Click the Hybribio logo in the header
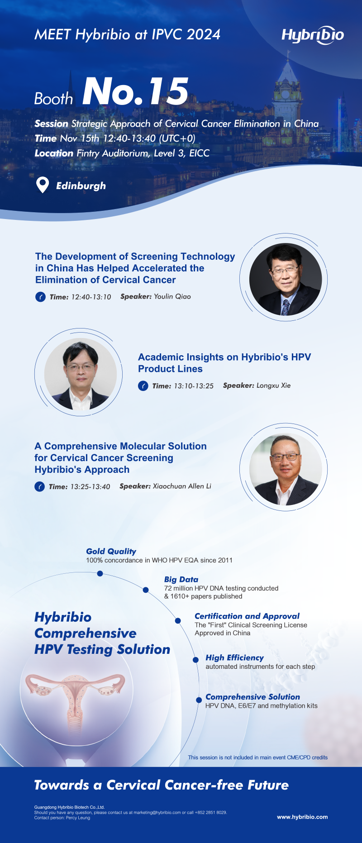(313, 35)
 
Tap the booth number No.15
(135, 91)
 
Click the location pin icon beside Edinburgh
(42, 185)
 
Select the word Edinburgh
(81, 186)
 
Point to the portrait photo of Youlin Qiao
(286, 279)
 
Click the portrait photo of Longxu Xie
(81, 374)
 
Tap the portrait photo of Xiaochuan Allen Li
(286, 469)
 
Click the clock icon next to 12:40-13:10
(40, 297)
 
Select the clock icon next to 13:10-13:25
(143, 386)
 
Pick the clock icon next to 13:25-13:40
(39, 487)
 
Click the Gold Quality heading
(111, 551)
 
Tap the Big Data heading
(181, 579)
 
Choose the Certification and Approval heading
(247, 616)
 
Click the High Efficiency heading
(234, 657)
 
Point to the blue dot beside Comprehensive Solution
(199, 700)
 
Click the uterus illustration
(75, 700)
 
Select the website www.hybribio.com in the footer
(302, 817)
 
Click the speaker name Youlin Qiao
(172, 296)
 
